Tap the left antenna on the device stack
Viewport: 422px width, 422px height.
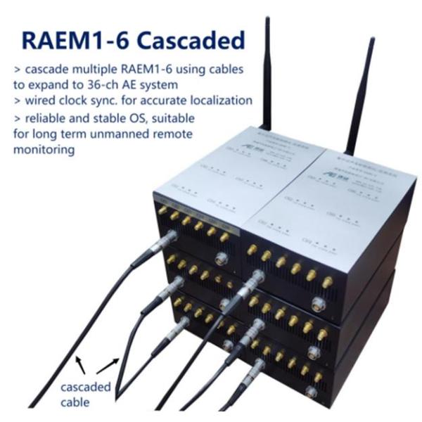pos(267,70)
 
